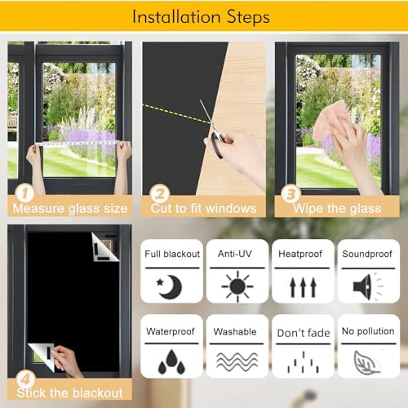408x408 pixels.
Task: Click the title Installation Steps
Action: [201, 17]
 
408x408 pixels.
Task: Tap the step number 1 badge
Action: [24, 193]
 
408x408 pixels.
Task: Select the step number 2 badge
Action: [160, 193]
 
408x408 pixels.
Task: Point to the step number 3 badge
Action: [290, 193]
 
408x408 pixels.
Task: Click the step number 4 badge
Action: [25, 379]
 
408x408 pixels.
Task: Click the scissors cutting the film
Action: [214, 128]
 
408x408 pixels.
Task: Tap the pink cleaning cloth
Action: [330, 120]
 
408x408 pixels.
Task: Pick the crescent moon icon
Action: [170, 286]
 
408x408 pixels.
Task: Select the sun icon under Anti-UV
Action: [237, 286]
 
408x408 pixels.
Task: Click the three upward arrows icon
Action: [303, 287]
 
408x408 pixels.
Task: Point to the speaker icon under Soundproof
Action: [368, 287]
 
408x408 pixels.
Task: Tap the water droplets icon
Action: [171, 361]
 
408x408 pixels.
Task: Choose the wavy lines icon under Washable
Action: [237, 362]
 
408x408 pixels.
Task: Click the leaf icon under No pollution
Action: [366, 362]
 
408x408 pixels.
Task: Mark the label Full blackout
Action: [172, 254]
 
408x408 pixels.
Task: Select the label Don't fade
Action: [304, 333]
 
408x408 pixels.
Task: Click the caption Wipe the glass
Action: [337, 209]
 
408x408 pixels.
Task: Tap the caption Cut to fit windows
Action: [203, 209]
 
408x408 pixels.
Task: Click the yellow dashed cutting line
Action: [177, 114]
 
